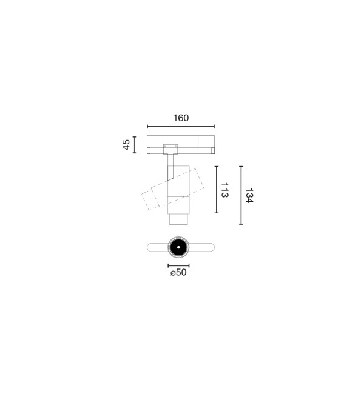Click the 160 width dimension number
coord(181,118)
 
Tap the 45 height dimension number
coord(126,145)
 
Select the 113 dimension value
coord(224,190)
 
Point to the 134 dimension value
coord(249,196)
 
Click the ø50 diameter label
coord(178,273)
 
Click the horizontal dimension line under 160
coord(181,127)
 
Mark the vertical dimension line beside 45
coord(135,145)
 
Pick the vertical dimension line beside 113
coord(217,190)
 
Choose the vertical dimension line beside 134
coord(241,195)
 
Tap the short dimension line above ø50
coord(178,265)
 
